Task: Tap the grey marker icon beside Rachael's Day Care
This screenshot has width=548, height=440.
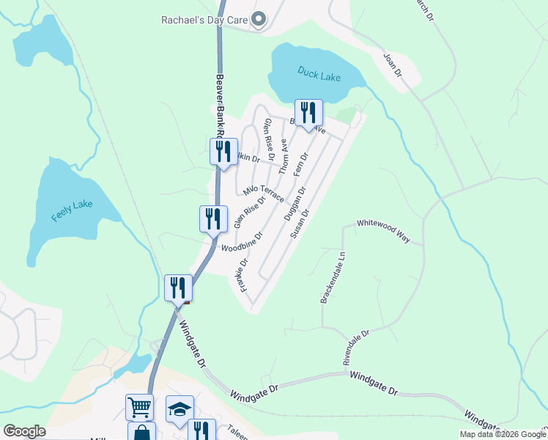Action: (258, 20)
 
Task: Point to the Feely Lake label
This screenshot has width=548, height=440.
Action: (72, 210)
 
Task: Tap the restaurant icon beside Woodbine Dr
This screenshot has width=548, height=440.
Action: (213, 219)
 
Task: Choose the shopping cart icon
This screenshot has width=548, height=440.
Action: (139, 406)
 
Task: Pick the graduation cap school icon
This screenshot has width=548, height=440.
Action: (179, 408)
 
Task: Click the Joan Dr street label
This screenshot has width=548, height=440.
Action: (393, 63)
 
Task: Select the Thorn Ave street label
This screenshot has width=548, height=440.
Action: (284, 157)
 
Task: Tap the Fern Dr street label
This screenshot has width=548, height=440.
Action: (301, 164)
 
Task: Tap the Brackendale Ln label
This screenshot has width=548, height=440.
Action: (327, 279)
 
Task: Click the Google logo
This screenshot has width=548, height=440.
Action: (24, 431)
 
